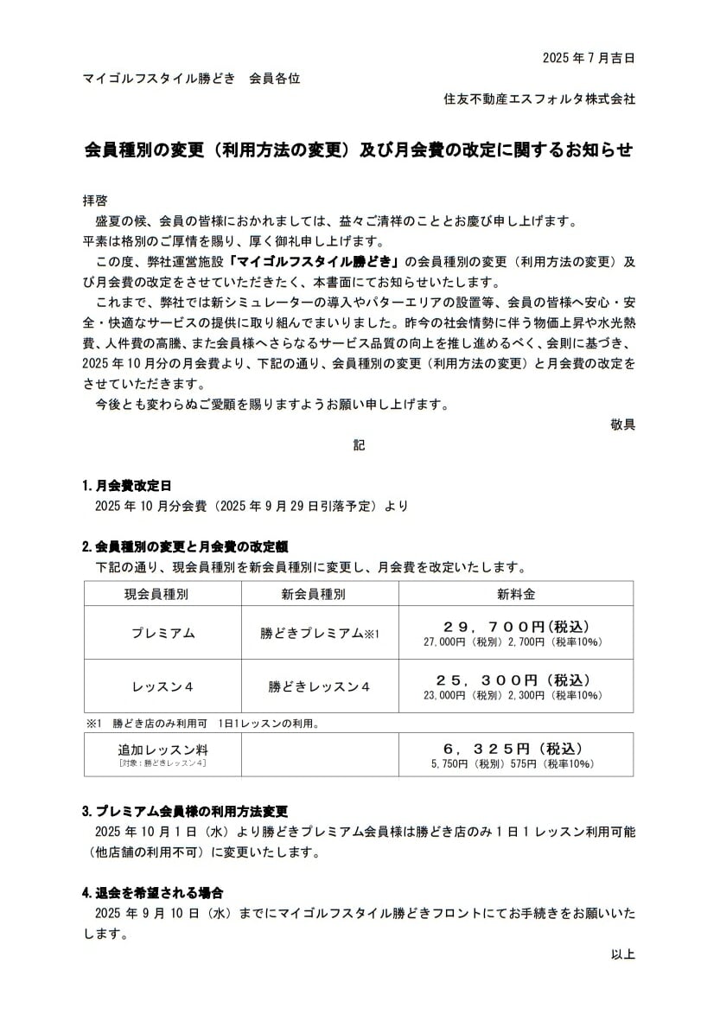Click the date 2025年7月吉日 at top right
tap(589, 59)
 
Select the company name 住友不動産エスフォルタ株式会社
tap(539, 99)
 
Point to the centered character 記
tap(359, 445)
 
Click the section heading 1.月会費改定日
tap(127, 486)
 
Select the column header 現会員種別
tap(162, 594)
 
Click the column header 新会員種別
tap(320, 594)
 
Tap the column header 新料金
tap(516, 594)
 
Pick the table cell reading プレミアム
tap(162, 633)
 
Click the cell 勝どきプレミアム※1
tap(320, 633)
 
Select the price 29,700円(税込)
tap(516, 626)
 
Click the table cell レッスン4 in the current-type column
tap(162, 686)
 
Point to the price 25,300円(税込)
tap(516, 680)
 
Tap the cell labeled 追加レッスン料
tap(162, 750)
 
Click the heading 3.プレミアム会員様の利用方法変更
tap(185, 812)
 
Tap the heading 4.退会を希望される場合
tap(153, 893)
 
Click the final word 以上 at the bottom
tap(622, 954)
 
